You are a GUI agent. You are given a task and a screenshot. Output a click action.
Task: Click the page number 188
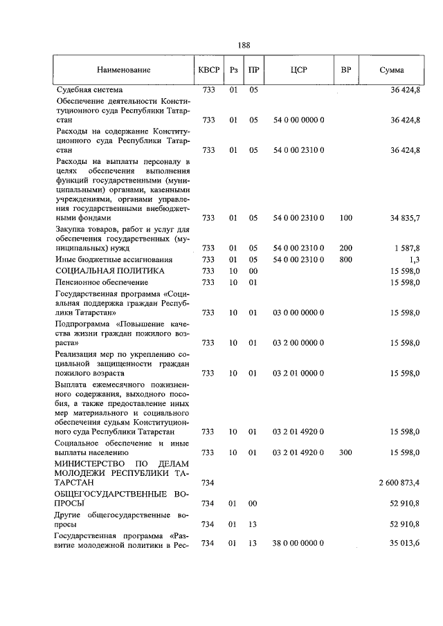[243, 46]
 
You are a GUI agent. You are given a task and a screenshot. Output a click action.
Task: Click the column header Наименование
[124, 71]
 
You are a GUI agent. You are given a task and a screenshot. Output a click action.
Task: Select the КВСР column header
[208, 71]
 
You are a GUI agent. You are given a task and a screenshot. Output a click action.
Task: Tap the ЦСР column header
[299, 71]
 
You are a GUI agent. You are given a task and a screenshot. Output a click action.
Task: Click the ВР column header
[346, 71]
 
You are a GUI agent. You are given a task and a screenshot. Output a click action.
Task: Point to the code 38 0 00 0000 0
[299, 544]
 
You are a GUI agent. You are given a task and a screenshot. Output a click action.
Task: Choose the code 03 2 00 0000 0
[299, 342]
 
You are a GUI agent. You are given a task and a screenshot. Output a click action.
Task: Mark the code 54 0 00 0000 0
[299, 120]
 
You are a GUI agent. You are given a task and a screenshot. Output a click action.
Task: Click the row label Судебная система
[89, 90]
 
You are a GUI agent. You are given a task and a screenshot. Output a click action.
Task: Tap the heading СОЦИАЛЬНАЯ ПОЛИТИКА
[110, 270]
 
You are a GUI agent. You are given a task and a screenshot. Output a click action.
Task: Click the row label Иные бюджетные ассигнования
[114, 259]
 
